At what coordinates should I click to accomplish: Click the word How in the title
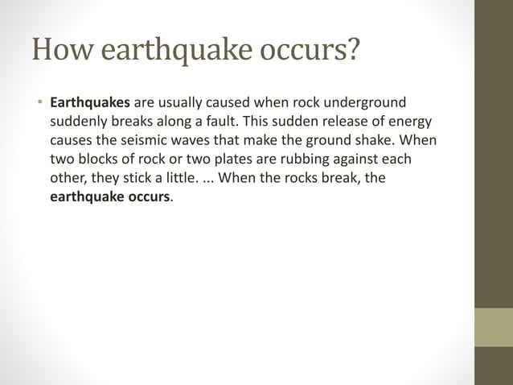point(58,52)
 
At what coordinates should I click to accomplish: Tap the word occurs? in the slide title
point(310,52)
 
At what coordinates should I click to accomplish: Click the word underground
point(366,103)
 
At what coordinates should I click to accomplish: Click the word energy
point(411,122)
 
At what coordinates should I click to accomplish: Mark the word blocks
point(102,159)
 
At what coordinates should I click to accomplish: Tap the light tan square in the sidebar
point(494,327)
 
